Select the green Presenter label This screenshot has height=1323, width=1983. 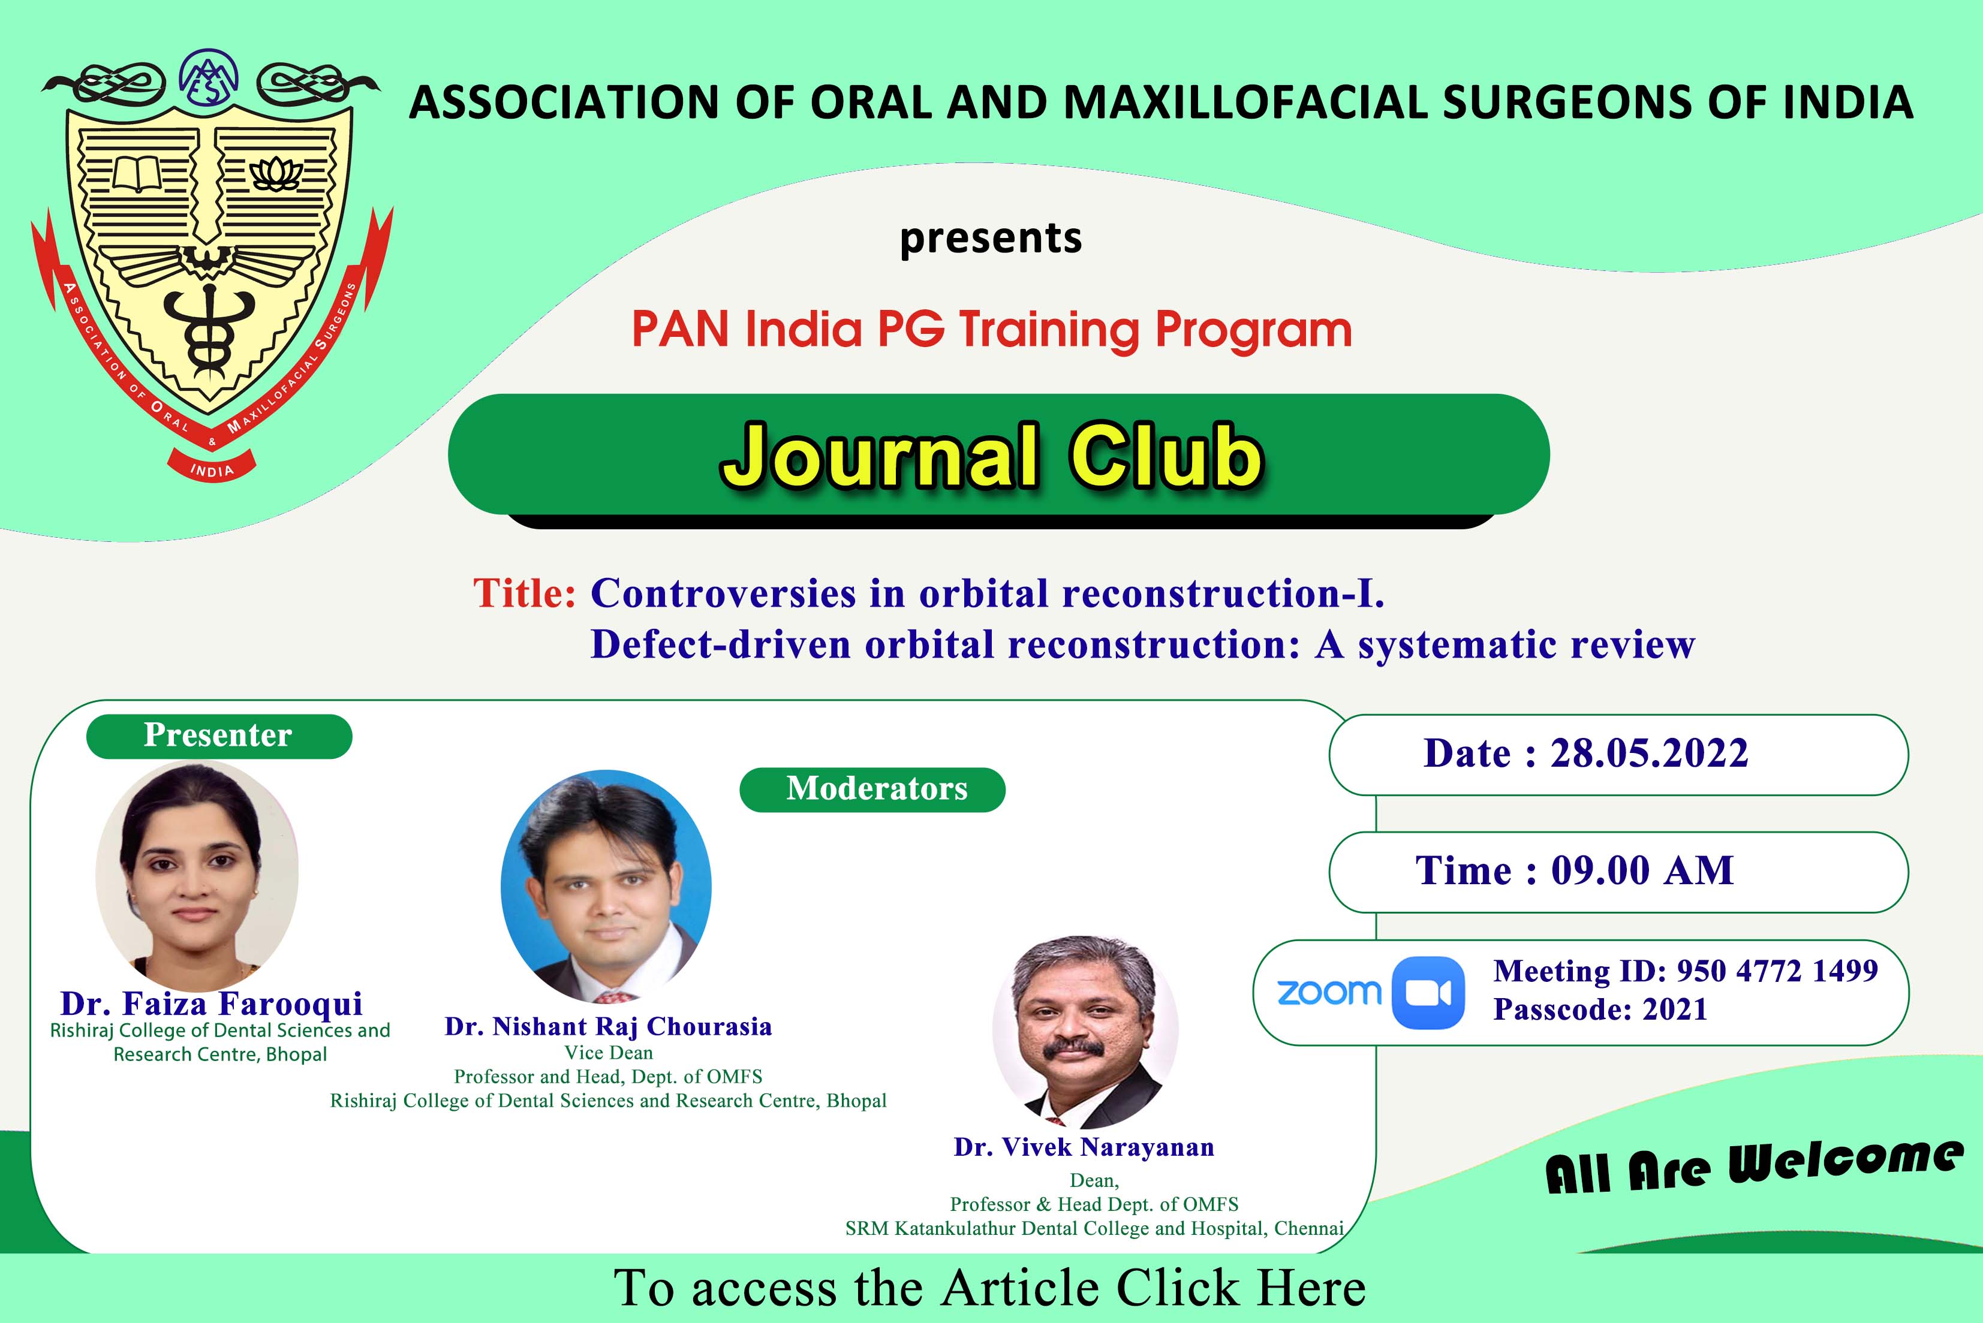coord(218,736)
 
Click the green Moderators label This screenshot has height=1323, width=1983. coord(872,789)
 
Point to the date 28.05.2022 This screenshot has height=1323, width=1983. coord(1649,753)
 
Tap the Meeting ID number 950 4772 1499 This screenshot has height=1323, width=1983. coord(1777,971)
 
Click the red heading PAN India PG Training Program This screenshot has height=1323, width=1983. coord(992,330)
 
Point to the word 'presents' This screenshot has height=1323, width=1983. coord(991,238)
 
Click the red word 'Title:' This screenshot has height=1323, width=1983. coord(524,592)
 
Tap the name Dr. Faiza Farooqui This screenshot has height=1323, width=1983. coord(212,1003)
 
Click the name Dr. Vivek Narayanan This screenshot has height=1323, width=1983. coord(1084,1147)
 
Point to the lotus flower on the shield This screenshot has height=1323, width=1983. coord(276,173)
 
